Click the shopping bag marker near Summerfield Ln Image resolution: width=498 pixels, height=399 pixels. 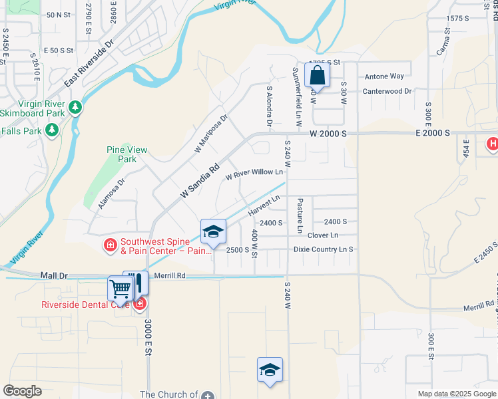pyautogui.click(x=318, y=75)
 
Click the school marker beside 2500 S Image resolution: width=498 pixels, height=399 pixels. pyautogui.click(x=213, y=232)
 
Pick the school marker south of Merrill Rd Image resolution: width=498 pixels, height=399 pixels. pyautogui.click(x=270, y=370)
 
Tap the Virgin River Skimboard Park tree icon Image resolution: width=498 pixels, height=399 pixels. pyautogui.click(x=75, y=106)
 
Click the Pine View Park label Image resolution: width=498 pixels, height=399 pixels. pyautogui.click(x=126, y=154)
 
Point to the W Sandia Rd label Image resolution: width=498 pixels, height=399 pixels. pyautogui.click(x=200, y=182)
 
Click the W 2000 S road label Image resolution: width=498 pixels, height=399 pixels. pyautogui.click(x=328, y=134)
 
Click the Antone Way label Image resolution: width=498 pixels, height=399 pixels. pyautogui.click(x=385, y=76)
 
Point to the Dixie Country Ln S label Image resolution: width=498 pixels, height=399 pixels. pyautogui.click(x=323, y=249)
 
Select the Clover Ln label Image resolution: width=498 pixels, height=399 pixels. pyautogui.click(x=323, y=235)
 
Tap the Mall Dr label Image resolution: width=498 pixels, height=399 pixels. pyautogui.click(x=55, y=275)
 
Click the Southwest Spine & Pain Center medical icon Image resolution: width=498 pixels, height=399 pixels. pyautogui.click(x=110, y=246)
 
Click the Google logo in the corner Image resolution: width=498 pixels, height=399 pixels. pyautogui.click(x=22, y=391)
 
